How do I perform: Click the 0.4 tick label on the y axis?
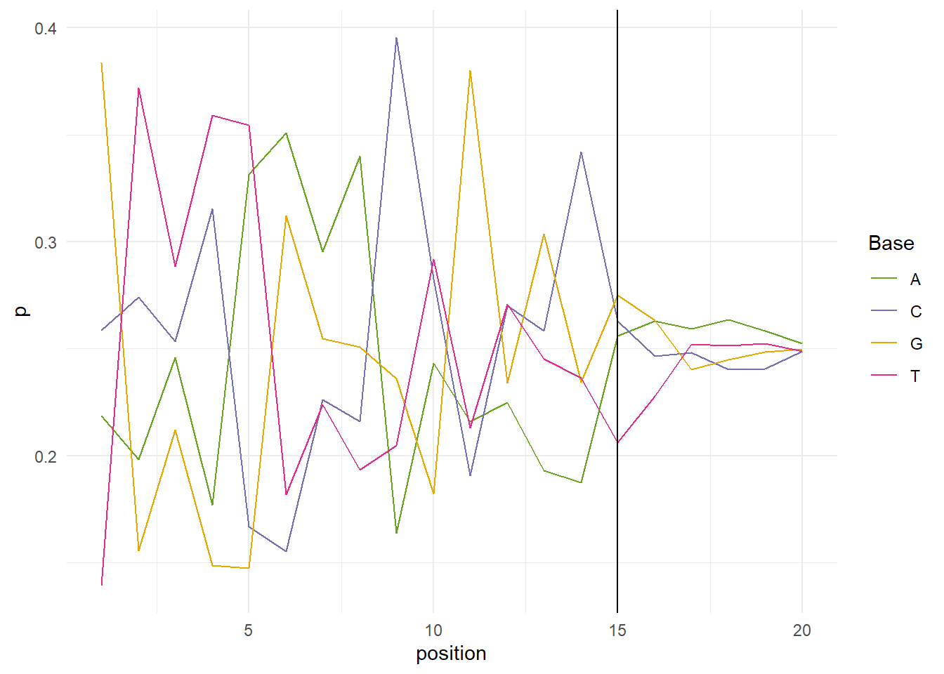[x=45, y=29]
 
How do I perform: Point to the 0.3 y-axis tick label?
[x=45, y=243]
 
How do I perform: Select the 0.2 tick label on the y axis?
[x=45, y=457]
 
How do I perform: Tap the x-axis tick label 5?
[x=249, y=630]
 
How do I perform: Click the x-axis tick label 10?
[x=433, y=630]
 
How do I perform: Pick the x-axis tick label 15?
[x=617, y=630]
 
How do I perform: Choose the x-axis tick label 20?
[x=801, y=630]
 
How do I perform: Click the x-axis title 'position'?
[x=451, y=654]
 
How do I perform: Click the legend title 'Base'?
[x=891, y=244]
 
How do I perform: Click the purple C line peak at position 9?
[x=397, y=38]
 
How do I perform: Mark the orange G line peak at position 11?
[x=470, y=70]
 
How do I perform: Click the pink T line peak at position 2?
[x=138, y=88]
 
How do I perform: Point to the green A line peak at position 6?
[x=286, y=133]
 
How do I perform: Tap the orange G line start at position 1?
[x=102, y=63]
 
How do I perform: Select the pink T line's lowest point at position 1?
[x=102, y=584]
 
